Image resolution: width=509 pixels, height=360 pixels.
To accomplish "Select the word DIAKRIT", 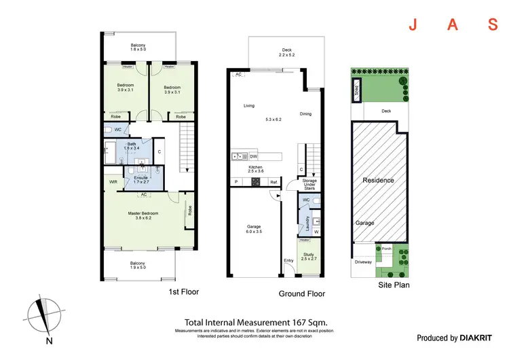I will coord(480,338).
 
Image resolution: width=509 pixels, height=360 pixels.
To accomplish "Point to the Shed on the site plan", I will coord(356,90).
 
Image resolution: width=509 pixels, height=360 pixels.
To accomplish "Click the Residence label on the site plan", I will coord(378,181).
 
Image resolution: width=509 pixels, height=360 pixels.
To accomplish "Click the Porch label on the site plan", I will coord(387,248).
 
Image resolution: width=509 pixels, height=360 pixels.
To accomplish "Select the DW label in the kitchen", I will coord(252,156).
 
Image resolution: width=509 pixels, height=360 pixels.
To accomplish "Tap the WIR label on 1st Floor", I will coord(113,181).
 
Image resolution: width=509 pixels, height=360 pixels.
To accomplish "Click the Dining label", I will coord(305,114).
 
